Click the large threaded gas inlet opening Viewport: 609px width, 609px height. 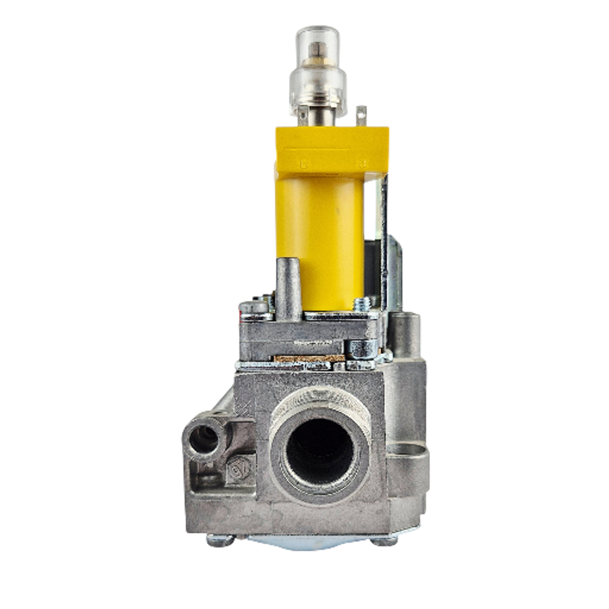[x=319, y=451]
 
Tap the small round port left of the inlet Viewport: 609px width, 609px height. [x=204, y=439]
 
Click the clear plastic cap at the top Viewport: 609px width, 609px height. [x=317, y=67]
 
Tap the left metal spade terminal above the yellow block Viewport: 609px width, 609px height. [x=302, y=116]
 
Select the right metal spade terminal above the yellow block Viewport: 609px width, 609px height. [x=362, y=116]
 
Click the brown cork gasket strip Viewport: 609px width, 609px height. [x=308, y=359]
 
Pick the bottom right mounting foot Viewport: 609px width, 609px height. [x=384, y=540]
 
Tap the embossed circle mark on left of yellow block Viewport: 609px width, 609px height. [x=302, y=163]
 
